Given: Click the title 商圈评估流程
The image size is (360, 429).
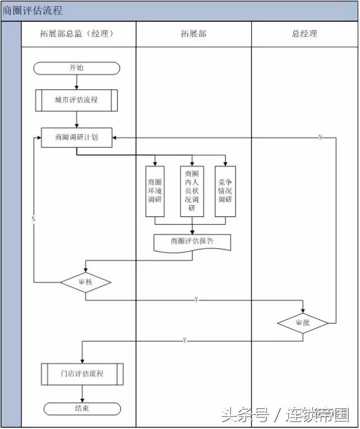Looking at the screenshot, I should [x=33, y=11].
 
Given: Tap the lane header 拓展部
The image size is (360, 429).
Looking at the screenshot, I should [x=193, y=34].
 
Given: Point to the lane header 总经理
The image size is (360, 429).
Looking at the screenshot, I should [x=304, y=34].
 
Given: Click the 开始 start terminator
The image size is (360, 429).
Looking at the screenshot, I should [x=77, y=68].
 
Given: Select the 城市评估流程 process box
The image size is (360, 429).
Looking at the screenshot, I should [x=76, y=100].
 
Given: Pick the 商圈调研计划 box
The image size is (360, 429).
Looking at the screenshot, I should [x=76, y=137].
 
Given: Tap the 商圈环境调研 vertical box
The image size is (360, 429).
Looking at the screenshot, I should [x=155, y=191].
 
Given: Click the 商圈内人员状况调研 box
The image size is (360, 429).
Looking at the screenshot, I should [x=192, y=191].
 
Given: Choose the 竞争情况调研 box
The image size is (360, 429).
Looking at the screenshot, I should [x=225, y=191].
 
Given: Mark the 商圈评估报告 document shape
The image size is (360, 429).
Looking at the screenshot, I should [x=192, y=241].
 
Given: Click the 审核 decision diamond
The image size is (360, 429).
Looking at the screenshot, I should [x=85, y=282].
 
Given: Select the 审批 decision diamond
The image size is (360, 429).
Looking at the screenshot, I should [x=303, y=323].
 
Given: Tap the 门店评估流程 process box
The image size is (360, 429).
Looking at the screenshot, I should [x=82, y=373].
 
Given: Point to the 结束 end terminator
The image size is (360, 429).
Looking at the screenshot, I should [x=82, y=409].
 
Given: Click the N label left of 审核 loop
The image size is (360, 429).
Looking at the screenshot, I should [x=34, y=218].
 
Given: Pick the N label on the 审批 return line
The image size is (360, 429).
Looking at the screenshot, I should [x=320, y=137].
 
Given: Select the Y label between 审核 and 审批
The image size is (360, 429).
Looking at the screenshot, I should [x=196, y=300].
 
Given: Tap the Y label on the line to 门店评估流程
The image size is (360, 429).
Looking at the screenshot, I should [x=184, y=341].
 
